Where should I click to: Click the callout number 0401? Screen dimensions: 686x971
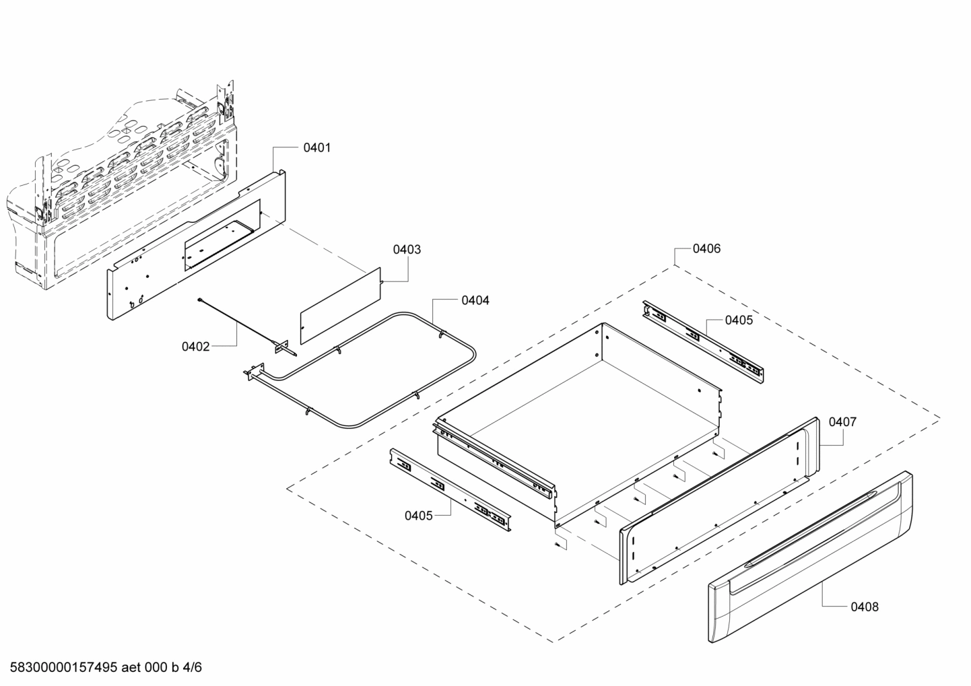(x=316, y=147)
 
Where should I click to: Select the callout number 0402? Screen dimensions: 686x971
(x=196, y=347)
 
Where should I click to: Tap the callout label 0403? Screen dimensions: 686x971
(x=407, y=250)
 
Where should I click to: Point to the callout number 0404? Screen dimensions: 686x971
(x=475, y=300)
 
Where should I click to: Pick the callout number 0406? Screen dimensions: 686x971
(x=706, y=248)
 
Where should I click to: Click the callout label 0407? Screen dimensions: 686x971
(x=842, y=422)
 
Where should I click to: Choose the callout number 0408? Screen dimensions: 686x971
(x=865, y=607)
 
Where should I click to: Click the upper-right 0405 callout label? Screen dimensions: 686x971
(x=739, y=320)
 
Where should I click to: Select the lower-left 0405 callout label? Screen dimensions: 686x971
(x=419, y=516)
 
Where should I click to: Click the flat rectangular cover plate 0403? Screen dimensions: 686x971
(x=341, y=304)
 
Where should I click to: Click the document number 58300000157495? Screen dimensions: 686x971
(x=60, y=668)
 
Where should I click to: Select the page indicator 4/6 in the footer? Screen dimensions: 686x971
(x=193, y=668)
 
